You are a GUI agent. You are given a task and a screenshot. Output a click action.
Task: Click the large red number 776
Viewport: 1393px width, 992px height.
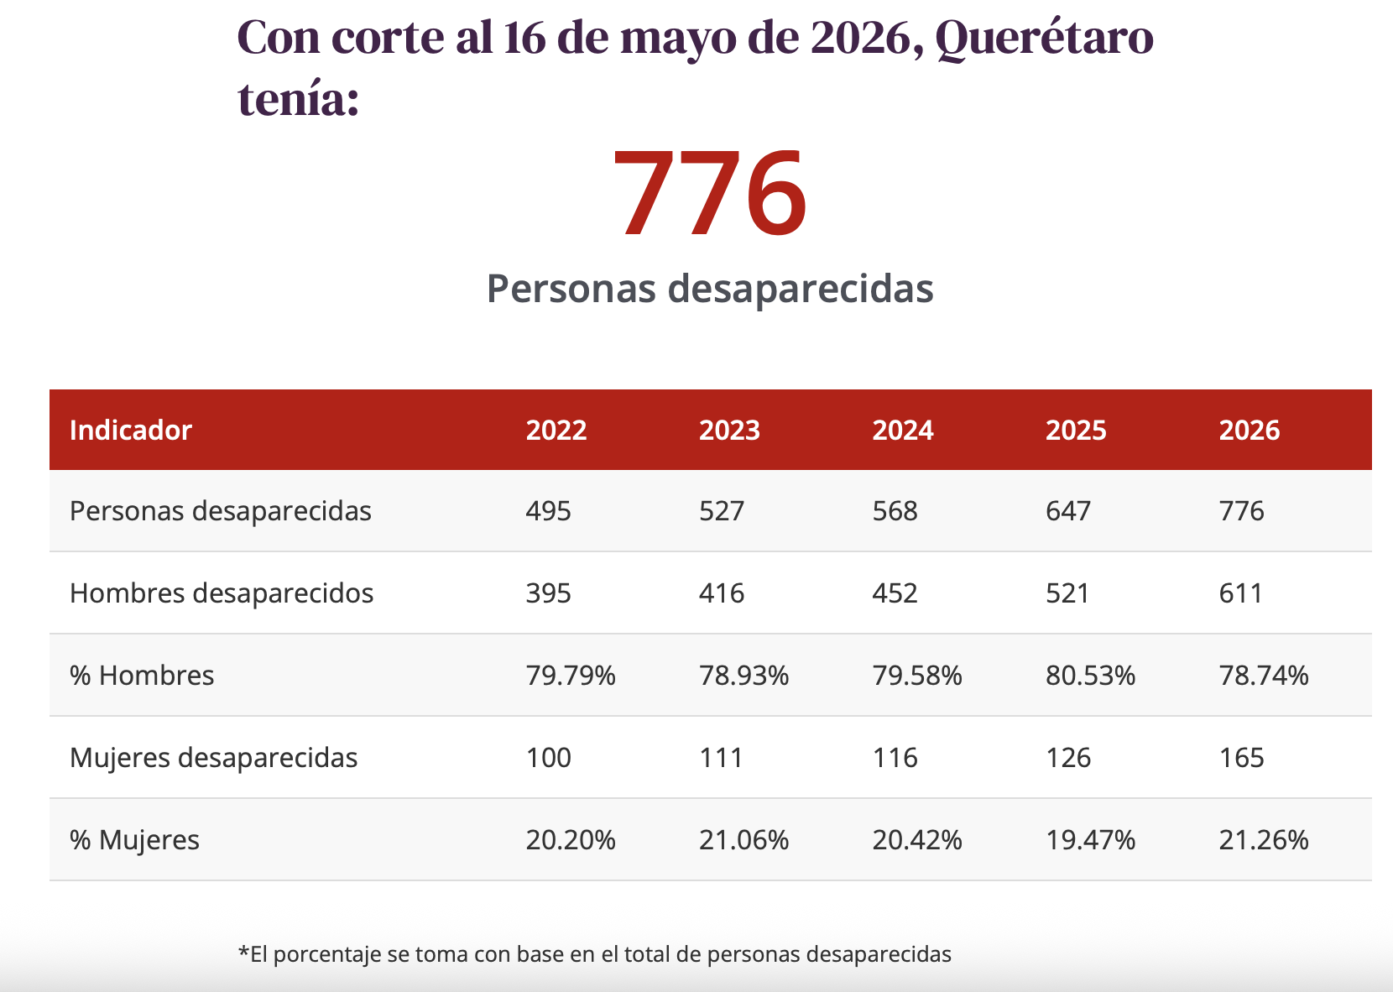click(710, 193)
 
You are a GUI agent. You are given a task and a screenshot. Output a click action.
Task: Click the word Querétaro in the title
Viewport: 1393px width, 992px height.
click(1044, 39)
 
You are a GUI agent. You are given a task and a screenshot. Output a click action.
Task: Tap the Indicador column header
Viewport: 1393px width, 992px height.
click(131, 430)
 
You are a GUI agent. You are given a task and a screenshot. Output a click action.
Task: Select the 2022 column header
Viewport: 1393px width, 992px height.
click(556, 430)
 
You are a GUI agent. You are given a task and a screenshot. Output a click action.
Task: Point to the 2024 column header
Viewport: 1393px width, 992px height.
click(902, 430)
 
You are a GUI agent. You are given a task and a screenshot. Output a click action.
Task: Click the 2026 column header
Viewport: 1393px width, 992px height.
click(1249, 430)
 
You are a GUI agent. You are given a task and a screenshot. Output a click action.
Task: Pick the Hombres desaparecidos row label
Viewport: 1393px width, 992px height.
click(222, 593)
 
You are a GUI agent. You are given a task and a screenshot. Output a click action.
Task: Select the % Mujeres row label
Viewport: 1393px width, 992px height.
click(134, 839)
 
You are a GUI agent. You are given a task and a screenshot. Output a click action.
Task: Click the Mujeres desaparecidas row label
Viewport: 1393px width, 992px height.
click(213, 758)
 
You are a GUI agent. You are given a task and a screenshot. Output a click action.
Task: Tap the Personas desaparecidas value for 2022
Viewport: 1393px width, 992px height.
click(548, 510)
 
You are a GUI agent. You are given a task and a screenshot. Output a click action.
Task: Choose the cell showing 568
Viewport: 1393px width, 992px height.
click(895, 510)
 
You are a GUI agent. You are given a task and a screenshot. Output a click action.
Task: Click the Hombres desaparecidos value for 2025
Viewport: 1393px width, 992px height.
click(1067, 593)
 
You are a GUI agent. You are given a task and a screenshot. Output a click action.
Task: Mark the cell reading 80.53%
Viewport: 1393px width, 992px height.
click(1090, 676)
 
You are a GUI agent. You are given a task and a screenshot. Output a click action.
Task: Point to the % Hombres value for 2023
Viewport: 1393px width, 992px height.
click(743, 676)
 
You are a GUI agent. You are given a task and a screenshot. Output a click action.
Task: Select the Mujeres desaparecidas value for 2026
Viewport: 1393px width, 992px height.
click(1241, 758)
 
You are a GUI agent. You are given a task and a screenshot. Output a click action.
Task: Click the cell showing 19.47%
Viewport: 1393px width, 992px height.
click(1090, 839)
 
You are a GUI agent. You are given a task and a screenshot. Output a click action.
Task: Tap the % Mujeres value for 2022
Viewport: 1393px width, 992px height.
click(571, 839)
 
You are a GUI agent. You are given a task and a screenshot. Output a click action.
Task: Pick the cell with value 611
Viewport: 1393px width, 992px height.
click(1240, 593)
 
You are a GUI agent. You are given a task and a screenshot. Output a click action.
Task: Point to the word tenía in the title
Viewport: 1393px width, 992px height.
click(299, 99)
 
